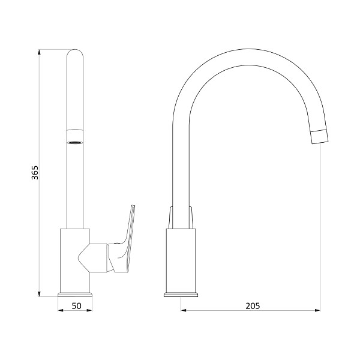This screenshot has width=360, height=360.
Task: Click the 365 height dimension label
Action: click(x=35, y=172)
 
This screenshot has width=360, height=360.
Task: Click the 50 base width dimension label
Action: click(x=76, y=306)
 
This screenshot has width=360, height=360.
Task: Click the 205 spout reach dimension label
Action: click(x=253, y=306)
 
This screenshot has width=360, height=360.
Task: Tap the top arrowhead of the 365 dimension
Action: click(x=39, y=52)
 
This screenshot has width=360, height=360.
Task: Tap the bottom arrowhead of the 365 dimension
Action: click(x=39, y=294)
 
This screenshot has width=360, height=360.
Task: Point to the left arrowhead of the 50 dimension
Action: click(x=61, y=310)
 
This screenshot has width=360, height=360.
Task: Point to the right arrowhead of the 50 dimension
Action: click(x=89, y=310)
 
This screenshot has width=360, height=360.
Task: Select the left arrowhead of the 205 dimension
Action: click(x=184, y=310)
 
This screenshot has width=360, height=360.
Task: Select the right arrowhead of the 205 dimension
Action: click(x=317, y=310)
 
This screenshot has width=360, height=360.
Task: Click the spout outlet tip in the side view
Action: click(x=319, y=137)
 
